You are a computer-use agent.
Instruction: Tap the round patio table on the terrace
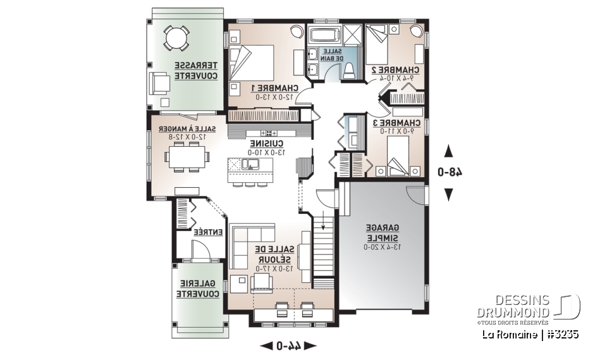pos(175,37)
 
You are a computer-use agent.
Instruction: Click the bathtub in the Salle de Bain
pos(325,34)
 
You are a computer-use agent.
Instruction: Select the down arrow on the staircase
pos(324,224)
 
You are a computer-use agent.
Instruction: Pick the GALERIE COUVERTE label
pos(199,289)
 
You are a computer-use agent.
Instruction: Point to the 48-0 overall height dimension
pos(449,171)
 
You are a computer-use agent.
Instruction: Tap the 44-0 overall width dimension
pos(288,345)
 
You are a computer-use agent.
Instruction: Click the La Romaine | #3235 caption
pos(530,333)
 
